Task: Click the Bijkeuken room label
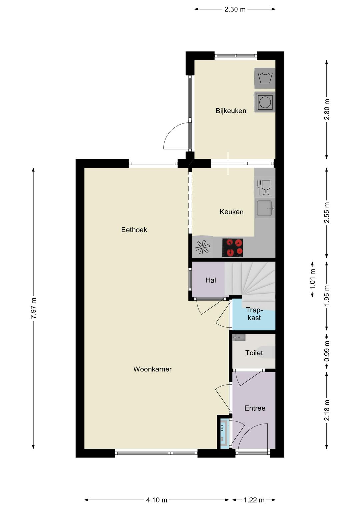click(231, 111)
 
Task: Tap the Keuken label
click(231, 212)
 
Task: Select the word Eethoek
click(134, 230)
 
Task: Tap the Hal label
click(211, 280)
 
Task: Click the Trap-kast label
click(254, 314)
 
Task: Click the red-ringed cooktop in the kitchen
click(233, 248)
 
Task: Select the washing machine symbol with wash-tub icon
click(265, 78)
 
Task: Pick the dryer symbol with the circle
click(265, 102)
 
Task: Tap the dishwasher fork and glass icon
click(264, 188)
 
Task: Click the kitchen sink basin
click(265, 208)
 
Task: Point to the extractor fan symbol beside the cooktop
click(202, 247)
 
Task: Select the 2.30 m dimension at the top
click(235, 9)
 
